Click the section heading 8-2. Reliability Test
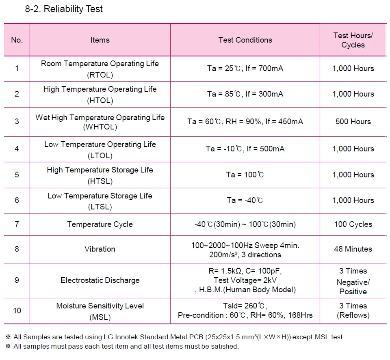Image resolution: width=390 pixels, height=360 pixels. (64, 9)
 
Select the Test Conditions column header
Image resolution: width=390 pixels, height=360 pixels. (245, 40)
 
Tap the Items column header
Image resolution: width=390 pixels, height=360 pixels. (100, 40)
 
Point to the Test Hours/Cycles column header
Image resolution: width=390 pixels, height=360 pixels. (353, 40)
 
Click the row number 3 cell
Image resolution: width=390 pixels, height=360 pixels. (17, 121)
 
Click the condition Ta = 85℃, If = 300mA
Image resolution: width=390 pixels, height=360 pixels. (245, 94)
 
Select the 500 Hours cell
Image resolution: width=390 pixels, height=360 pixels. (353, 121)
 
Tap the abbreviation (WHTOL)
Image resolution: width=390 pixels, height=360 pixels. (100, 127)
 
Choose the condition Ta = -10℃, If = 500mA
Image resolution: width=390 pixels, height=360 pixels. (245, 149)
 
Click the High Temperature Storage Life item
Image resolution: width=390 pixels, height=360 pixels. (100, 170)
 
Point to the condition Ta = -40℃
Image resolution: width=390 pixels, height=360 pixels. (245, 200)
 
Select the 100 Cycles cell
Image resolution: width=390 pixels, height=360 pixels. (353, 224)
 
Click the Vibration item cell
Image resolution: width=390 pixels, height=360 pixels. (100, 249)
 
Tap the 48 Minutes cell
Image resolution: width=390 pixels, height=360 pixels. (353, 249)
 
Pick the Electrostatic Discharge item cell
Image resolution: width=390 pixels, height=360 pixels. (100, 280)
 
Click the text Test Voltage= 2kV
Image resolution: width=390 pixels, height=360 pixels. (245, 280)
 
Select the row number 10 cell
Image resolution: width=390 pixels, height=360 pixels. (17, 310)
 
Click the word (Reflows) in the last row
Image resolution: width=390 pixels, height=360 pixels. (353, 315)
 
